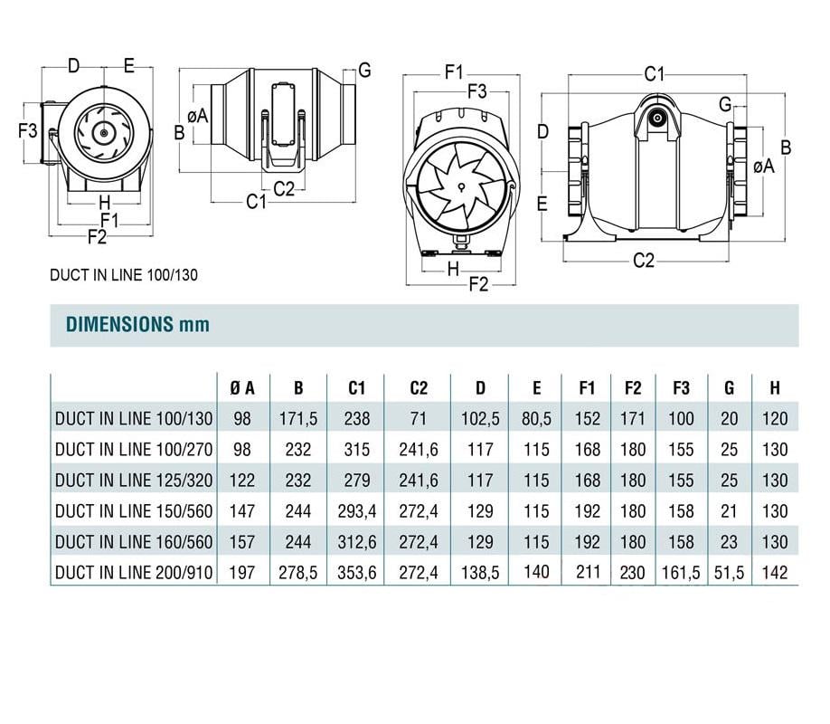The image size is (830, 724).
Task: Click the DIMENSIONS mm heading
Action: click(137, 324)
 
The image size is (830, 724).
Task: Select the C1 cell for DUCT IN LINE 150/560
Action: click(356, 511)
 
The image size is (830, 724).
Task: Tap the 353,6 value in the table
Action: click(356, 572)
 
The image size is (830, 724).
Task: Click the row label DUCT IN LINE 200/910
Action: click(134, 572)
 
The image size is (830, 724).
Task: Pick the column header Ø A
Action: click(241, 388)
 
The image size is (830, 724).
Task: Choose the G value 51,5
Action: click(730, 572)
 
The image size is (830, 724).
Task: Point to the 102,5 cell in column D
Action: click(480, 419)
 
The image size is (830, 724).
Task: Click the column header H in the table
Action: click(774, 388)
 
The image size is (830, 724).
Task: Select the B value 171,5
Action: click(298, 419)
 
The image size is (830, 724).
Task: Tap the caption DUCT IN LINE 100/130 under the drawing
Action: click(124, 275)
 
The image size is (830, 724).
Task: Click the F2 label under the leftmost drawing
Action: click(97, 237)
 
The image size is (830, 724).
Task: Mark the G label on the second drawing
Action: click(364, 70)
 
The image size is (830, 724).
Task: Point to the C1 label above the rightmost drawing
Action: click(654, 73)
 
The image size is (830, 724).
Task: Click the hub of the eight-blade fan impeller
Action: click(460, 186)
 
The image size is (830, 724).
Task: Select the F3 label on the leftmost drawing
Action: click(29, 129)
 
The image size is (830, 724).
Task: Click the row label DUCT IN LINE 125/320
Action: click(134, 481)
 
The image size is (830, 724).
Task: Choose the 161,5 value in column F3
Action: click(681, 572)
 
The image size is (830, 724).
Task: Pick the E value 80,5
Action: click(536, 419)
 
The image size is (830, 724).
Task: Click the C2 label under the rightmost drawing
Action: click(643, 261)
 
